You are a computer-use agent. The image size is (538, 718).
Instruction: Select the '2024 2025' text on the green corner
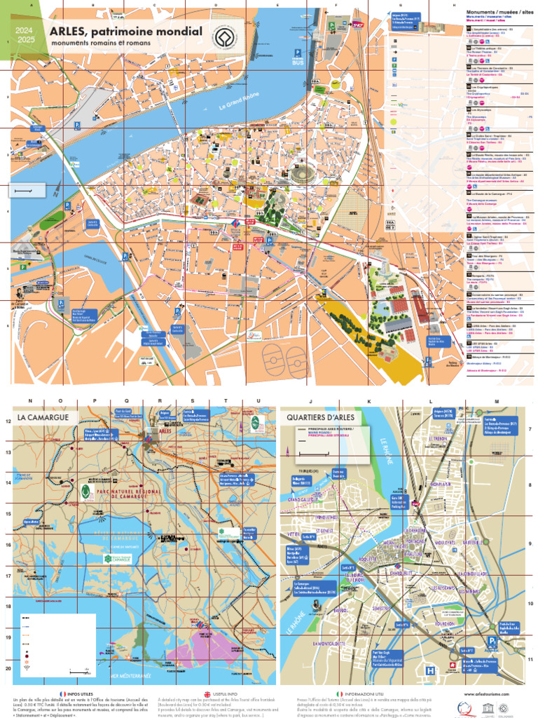(25, 36)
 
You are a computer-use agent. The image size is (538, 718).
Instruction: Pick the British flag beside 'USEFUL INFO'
(207, 692)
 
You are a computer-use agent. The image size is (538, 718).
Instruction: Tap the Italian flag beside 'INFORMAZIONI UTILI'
(337, 692)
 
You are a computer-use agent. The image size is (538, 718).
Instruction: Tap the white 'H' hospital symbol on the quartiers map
(429, 670)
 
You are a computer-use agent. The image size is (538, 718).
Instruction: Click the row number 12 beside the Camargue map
(8, 421)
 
